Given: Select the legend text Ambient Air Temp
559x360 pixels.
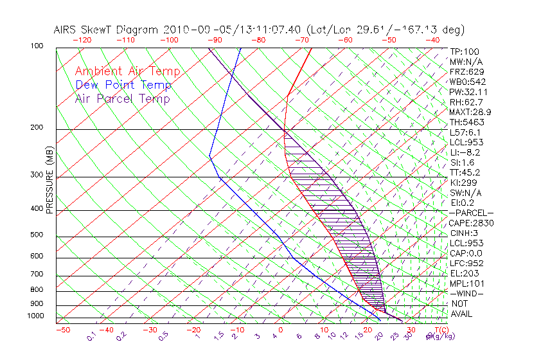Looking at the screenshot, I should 128,72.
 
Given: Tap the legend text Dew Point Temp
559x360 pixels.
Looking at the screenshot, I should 123,85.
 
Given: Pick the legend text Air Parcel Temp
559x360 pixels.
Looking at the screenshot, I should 123,99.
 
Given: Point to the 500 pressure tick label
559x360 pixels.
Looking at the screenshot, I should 37,235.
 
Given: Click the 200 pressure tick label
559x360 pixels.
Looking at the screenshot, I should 37,128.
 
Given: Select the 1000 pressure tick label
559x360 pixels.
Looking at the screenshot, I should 35,316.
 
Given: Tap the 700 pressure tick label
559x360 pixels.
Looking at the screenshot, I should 37,275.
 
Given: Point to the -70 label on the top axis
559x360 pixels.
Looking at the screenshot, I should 301,40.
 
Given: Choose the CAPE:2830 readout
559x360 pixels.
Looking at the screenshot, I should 471,223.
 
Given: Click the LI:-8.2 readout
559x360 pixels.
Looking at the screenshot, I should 465,152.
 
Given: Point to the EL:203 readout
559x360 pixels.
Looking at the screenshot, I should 463,273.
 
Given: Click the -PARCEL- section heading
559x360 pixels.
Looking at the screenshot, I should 471,213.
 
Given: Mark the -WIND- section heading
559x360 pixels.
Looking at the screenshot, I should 466,293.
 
